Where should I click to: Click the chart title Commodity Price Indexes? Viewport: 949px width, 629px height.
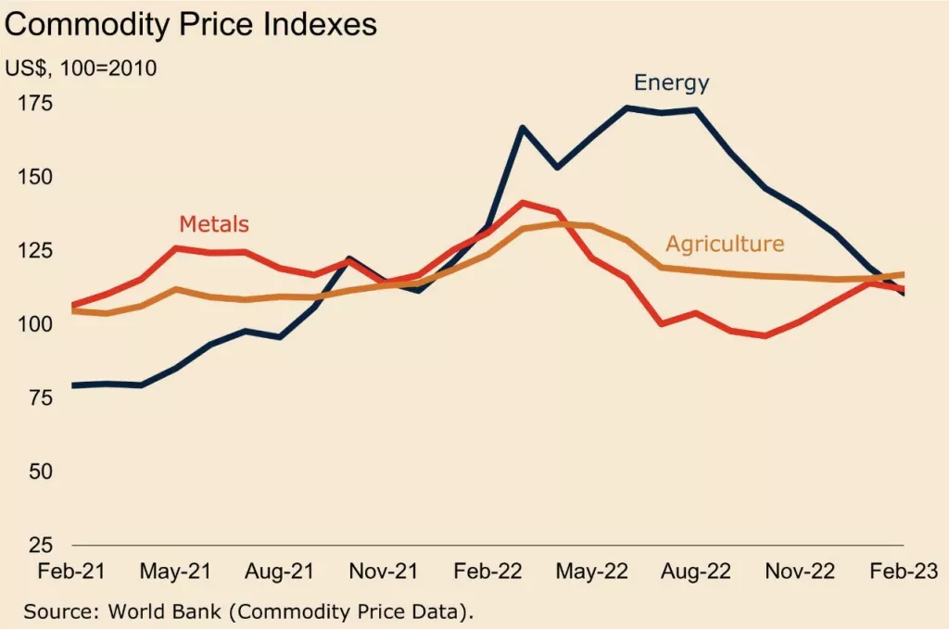tap(190, 25)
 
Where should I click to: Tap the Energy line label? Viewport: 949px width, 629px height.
tap(671, 82)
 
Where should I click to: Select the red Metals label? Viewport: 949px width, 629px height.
tap(214, 223)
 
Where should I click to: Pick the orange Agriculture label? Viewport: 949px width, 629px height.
tap(725, 245)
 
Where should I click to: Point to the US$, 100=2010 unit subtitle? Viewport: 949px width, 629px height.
tap(81, 68)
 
